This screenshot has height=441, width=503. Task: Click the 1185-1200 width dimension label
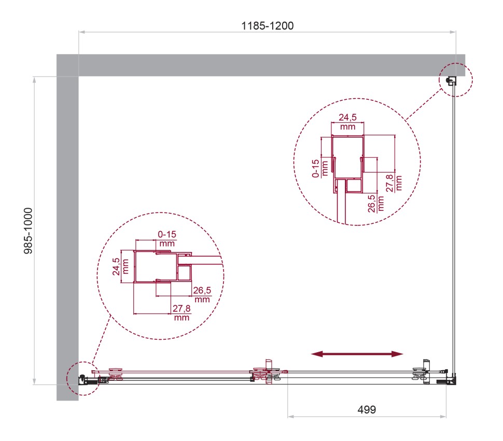[x=268, y=25]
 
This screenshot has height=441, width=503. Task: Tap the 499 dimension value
[x=366, y=409]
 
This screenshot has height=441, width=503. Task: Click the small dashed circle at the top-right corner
[x=456, y=80]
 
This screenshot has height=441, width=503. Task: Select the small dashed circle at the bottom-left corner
[x=81, y=379]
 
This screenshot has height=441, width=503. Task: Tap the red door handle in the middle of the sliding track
[x=268, y=372]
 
